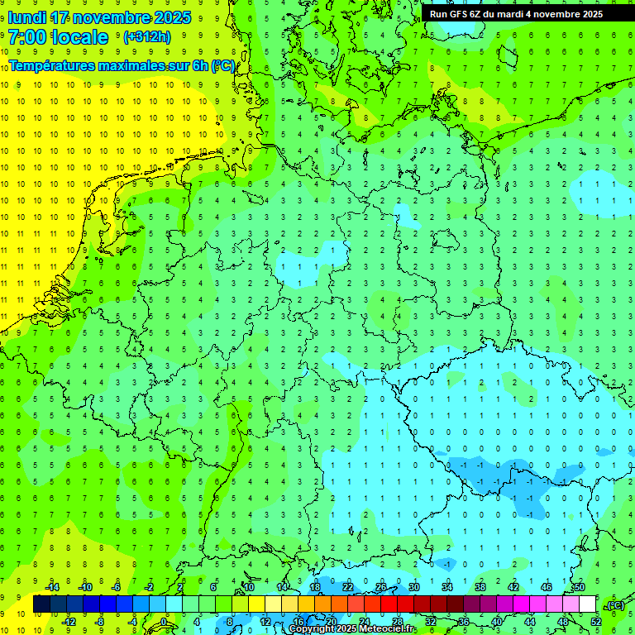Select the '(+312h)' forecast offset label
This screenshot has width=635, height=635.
click(147, 37)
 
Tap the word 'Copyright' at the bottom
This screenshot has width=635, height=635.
click(311, 629)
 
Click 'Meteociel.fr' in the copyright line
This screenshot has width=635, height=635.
click(382, 629)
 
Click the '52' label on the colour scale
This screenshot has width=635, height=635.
click(596, 622)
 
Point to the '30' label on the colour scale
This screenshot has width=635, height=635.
click(413, 587)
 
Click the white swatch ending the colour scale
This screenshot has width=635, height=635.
click(587, 604)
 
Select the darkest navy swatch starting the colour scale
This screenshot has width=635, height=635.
click(41, 604)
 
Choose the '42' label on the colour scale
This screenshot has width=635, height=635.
click(513, 587)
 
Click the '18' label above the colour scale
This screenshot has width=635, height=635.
click(315, 587)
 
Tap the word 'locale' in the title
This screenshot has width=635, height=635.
click(80, 37)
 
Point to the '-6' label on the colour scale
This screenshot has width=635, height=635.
click(117, 587)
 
